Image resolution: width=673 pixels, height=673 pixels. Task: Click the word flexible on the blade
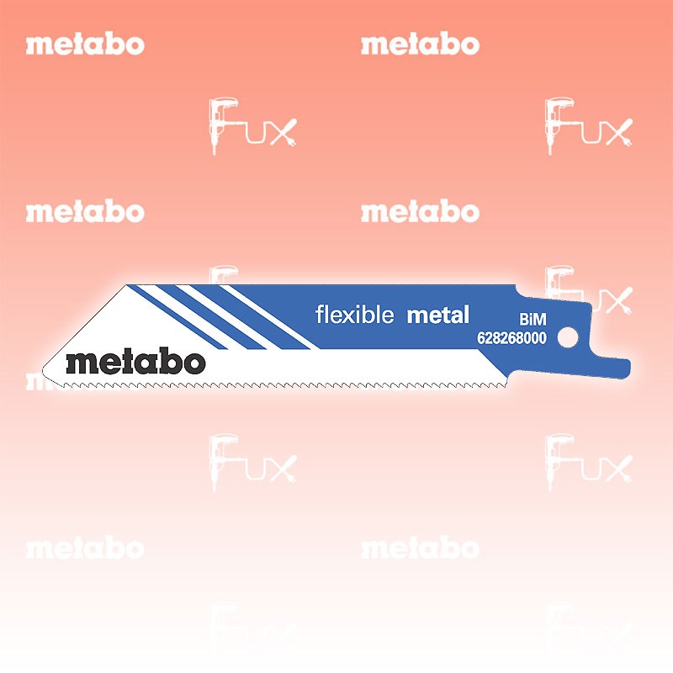click(x=354, y=314)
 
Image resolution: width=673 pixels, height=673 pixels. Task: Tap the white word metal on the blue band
click(x=437, y=315)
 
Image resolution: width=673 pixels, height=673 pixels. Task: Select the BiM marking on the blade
click(x=533, y=319)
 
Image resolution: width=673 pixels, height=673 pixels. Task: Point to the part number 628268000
click(x=511, y=338)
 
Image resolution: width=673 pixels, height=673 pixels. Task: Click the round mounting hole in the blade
click(x=568, y=337)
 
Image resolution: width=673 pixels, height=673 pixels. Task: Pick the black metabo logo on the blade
click(x=135, y=361)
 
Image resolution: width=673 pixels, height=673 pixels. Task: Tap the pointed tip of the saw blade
click(x=44, y=370)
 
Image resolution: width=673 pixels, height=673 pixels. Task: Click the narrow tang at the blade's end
click(x=609, y=368)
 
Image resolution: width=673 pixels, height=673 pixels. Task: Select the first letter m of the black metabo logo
click(x=82, y=363)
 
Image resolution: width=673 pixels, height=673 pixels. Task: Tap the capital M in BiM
click(x=540, y=320)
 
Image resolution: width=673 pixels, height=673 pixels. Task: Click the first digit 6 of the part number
click(x=481, y=338)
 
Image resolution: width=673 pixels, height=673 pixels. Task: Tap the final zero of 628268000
click(x=543, y=338)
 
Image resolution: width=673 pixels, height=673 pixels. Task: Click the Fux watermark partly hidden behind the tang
click(x=589, y=289)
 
